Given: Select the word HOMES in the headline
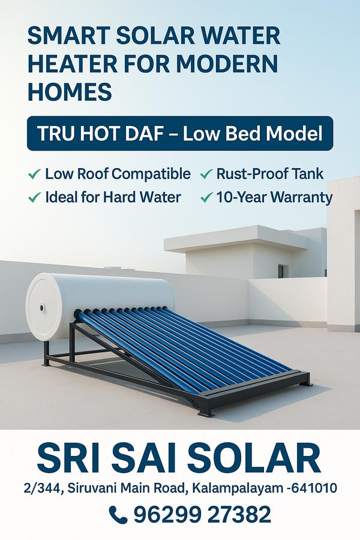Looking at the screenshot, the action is tap(70, 92).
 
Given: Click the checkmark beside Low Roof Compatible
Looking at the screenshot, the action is tap(34, 174).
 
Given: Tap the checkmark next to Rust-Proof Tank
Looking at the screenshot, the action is tap(206, 174).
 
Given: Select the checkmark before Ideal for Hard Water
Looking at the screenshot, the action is tap(34, 197).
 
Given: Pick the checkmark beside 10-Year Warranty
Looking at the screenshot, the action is tap(206, 197).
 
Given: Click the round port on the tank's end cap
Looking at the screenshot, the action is tap(42, 307).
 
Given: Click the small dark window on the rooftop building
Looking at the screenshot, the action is tap(281, 271).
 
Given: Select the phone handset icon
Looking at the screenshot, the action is tap(118, 515).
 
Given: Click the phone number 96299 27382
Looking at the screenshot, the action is tap(202, 515).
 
